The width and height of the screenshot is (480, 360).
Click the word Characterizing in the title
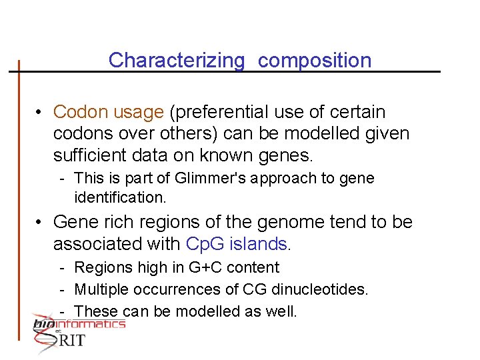pyautogui.click(x=177, y=61)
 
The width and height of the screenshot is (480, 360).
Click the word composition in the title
pyautogui.click(x=314, y=61)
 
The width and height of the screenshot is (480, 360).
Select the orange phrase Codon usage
pyautogui.click(x=108, y=112)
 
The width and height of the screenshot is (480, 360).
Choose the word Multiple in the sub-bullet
pyautogui.click(x=100, y=289)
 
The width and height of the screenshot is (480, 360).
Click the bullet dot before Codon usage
pyautogui.click(x=40, y=113)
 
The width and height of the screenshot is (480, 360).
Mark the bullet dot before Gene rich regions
pyautogui.click(x=40, y=222)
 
